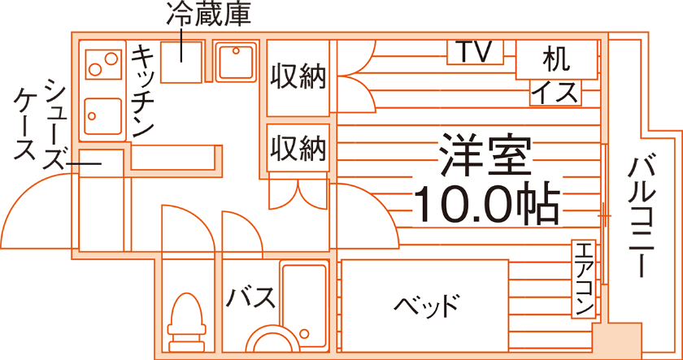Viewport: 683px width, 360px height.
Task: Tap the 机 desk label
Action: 556,59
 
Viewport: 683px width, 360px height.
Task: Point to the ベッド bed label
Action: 427,306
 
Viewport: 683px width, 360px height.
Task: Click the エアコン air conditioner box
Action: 585,280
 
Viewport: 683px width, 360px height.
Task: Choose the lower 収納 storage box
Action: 298,149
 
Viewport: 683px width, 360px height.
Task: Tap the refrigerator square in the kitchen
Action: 181,61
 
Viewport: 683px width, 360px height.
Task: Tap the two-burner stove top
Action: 102,60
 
